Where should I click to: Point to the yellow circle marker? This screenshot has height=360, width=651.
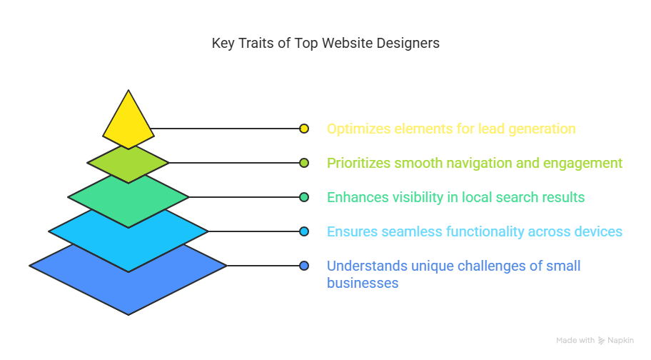304,129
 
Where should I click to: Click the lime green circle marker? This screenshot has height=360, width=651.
304,163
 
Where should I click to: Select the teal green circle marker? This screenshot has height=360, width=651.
304,197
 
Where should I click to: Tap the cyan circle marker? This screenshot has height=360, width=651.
304,231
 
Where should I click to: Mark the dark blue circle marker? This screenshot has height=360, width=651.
304,266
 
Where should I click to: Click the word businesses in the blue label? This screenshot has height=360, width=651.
363,283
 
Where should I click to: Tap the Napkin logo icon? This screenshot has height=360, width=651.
601,341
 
